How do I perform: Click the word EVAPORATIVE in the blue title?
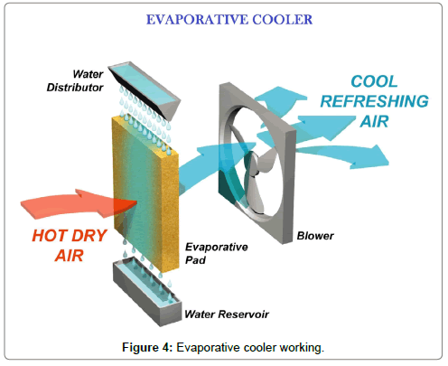197,20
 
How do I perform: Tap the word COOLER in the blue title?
283,20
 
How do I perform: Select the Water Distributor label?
75,80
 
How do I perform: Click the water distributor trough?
145,89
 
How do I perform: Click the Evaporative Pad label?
217,253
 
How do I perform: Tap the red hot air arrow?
79,203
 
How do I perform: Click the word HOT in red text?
45,236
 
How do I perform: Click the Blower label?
315,236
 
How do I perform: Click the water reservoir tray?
147,291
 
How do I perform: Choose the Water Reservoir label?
227,314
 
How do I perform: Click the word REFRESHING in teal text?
374,101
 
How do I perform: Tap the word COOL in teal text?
374,81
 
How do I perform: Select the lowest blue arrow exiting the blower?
341,156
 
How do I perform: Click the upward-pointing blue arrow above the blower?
280,101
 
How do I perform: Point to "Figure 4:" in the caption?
147,347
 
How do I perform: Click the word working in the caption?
302,348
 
